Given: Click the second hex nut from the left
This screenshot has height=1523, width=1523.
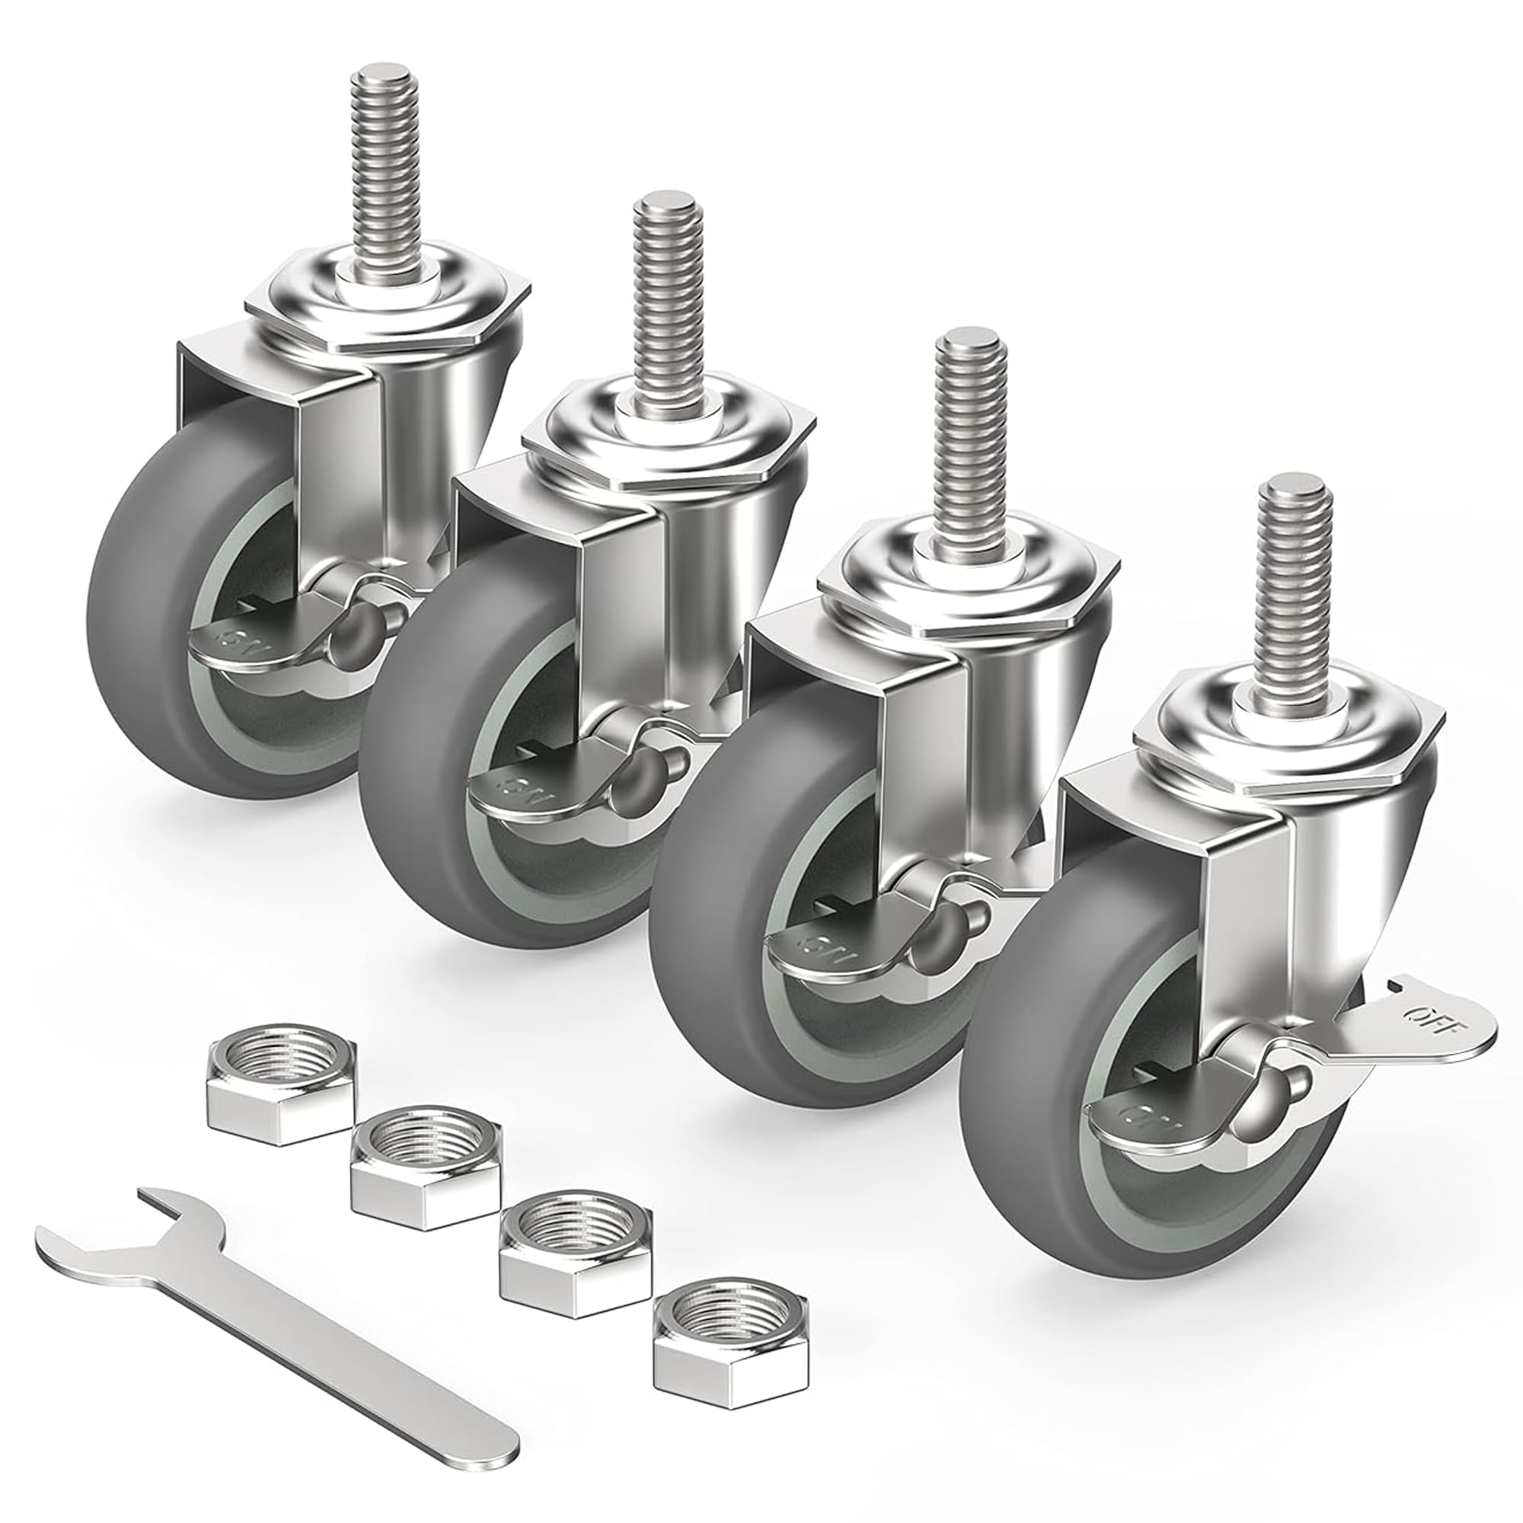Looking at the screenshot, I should [426, 1167].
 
